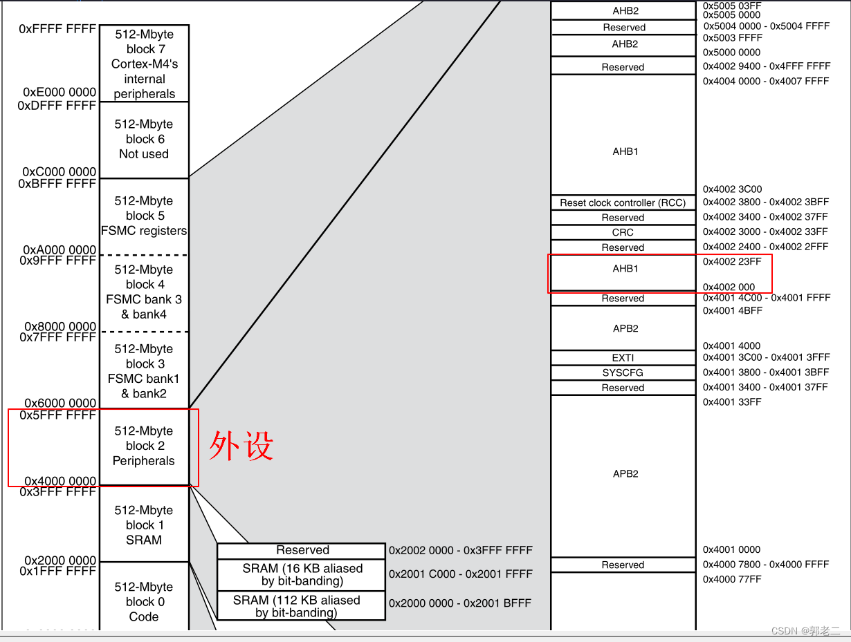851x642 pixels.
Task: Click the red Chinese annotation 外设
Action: [x=241, y=446]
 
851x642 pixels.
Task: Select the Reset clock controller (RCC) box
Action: [x=623, y=202]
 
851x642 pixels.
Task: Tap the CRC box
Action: [x=623, y=232]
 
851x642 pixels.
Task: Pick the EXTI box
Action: [x=623, y=358]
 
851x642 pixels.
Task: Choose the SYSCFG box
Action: [x=623, y=372]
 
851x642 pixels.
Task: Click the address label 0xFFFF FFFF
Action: [x=57, y=29]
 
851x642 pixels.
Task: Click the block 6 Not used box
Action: [x=144, y=140]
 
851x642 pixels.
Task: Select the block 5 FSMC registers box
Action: [x=144, y=216]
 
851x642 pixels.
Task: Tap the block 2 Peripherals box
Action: [x=144, y=446]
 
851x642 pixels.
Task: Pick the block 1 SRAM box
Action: [x=144, y=525]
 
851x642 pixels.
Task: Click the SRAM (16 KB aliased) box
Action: [x=302, y=574]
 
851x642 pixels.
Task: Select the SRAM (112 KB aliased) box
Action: [x=302, y=606]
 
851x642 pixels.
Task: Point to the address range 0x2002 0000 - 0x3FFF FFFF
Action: [x=461, y=550]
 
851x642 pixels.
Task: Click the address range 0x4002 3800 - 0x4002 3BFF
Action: [x=766, y=202]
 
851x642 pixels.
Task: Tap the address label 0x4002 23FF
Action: [x=732, y=261]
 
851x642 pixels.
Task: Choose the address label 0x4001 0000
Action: [x=731, y=549]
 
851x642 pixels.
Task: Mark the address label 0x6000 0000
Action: [x=60, y=403]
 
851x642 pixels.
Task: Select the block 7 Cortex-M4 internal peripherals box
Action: [x=144, y=64]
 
